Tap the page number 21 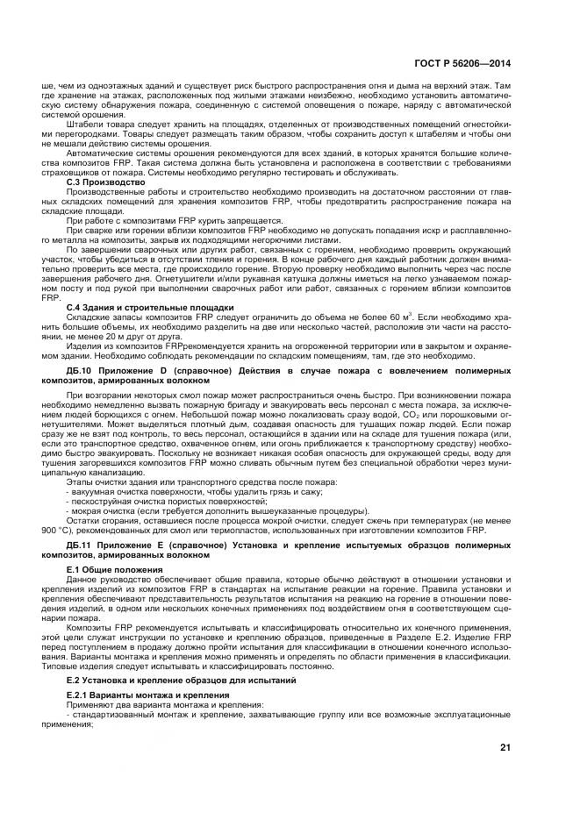click(x=504, y=747)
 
